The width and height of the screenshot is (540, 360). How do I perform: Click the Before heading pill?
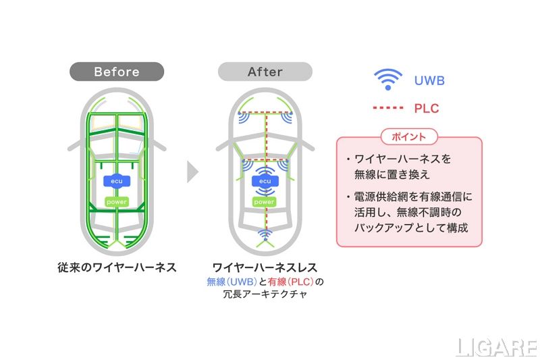click(x=117, y=72)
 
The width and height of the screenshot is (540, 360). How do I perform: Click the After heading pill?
click(x=265, y=72)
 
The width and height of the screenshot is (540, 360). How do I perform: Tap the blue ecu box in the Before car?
click(x=117, y=181)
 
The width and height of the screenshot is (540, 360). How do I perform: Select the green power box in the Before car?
click(x=117, y=201)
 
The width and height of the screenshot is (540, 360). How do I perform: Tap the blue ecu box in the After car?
click(x=265, y=181)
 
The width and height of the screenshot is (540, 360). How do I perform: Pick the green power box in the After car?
click(x=265, y=201)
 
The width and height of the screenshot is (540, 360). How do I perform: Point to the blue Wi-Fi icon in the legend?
click(x=387, y=80)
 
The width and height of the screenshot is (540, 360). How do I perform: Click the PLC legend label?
click(x=427, y=108)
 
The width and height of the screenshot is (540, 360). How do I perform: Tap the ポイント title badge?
click(x=409, y=136)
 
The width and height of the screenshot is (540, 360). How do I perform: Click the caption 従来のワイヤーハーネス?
click(x=117, y=267)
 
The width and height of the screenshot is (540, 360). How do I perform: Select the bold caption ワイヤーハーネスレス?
click(x=265, y=267)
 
